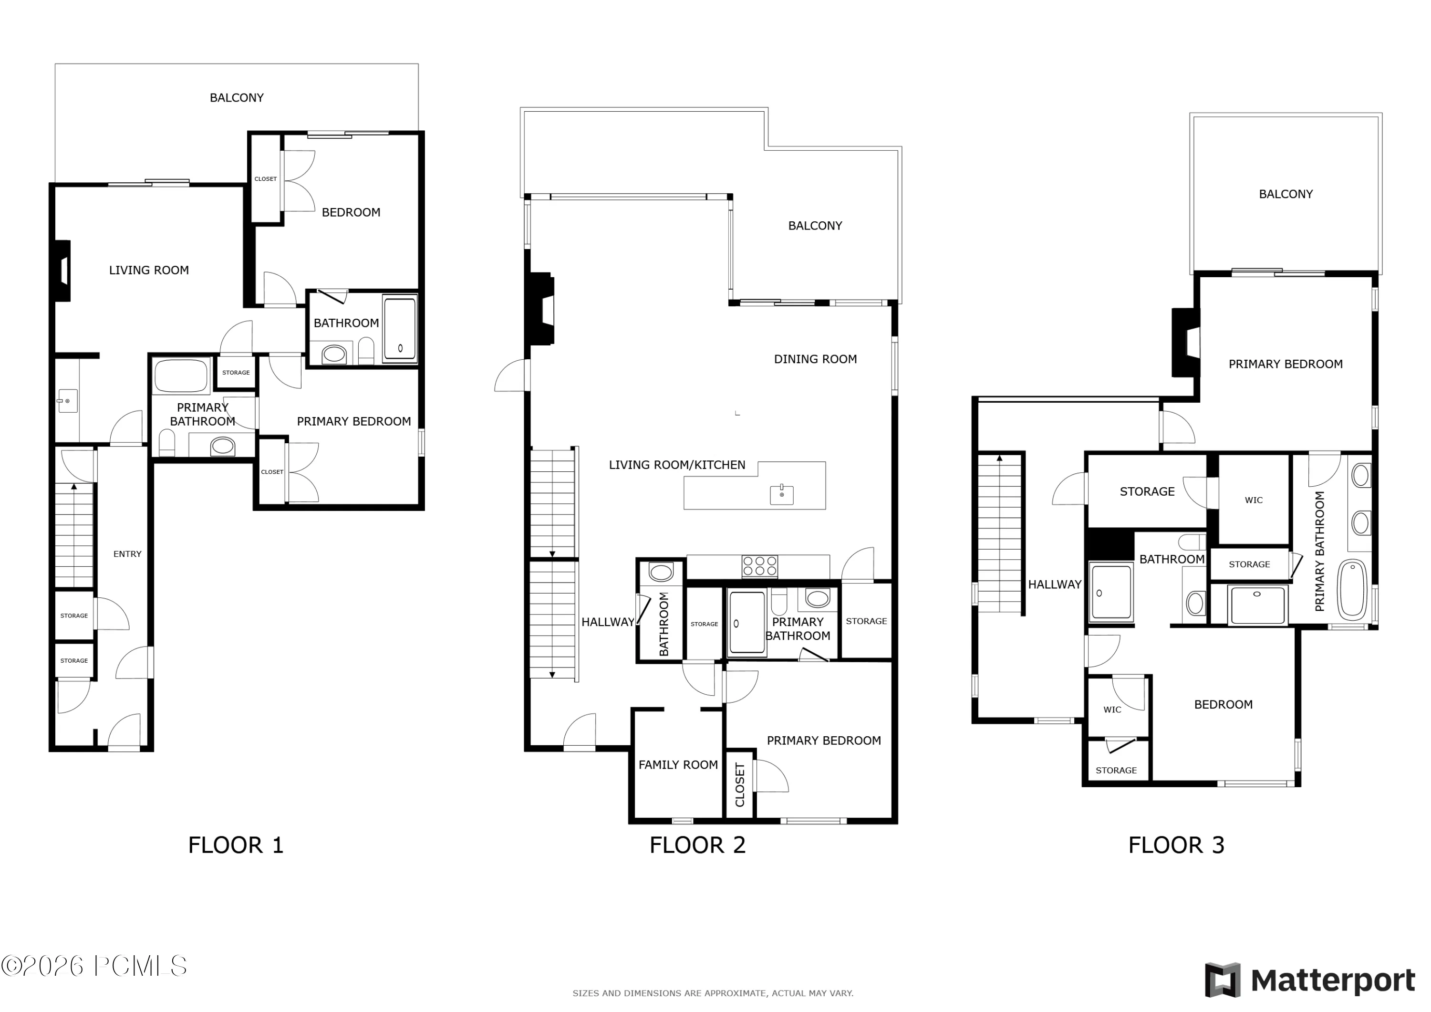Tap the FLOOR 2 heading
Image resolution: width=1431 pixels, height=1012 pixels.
tap(697, 845)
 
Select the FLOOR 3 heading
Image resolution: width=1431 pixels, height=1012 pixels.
tap(1176, 845)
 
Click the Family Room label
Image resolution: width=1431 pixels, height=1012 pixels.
tap(678, 765)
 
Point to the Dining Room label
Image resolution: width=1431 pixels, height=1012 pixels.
tap(815, 359)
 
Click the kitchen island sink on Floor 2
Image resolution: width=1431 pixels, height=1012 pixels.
tap(782, 494)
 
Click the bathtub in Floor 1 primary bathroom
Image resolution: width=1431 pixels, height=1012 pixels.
tap(181, 376)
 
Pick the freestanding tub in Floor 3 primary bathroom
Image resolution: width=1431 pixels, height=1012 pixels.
tap(1351, 590)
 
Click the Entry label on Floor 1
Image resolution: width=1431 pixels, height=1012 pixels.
tap(127, 553)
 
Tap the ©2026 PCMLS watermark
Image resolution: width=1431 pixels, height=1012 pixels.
tap(94, 966)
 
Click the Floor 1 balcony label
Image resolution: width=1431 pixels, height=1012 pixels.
tap(237, 98)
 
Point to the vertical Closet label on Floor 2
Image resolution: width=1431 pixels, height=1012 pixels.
tap(740, 785)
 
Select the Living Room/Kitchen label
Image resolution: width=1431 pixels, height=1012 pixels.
tap(677, 465)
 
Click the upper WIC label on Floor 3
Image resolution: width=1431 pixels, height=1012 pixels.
tap(1254, 500)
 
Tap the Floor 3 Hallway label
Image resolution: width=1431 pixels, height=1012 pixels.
tap(1055, 585)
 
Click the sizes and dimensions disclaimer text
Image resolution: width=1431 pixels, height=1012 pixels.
tap(713, 993)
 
